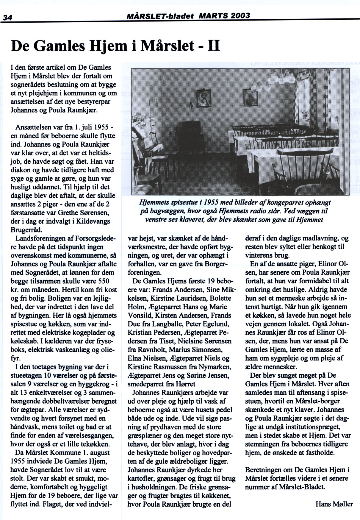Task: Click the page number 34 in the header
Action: point(7,17)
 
